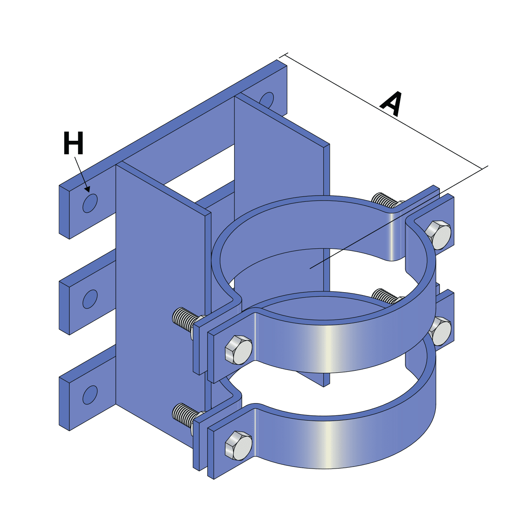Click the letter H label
coord(73,143)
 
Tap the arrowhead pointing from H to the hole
coord(87,189)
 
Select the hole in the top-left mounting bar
coord(90,203)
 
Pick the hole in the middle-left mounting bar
coord(90,299)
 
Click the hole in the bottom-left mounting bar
coord(90,395)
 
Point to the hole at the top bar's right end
coord(267,100)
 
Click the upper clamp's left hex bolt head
coord(239,350)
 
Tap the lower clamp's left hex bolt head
coord(239,446)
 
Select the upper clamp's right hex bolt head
coord(438,235)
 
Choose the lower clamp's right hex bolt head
coord(441,331)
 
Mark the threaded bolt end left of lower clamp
coord(183,415)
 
